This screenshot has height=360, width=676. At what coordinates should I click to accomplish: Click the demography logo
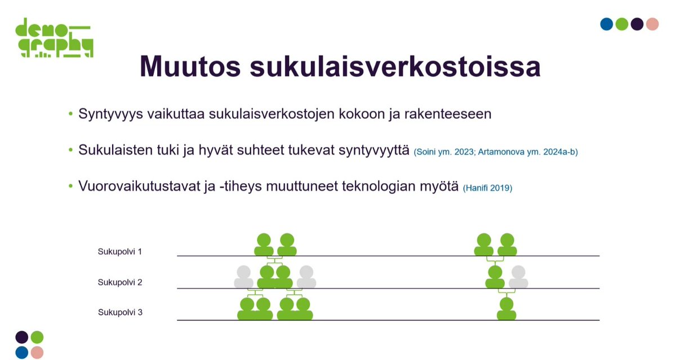coord(54,38)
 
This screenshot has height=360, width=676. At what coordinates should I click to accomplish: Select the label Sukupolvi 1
coord(119,251)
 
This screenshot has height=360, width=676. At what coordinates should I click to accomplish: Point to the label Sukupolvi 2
coord(119,282)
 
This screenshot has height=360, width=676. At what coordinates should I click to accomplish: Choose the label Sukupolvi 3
coord(119,312)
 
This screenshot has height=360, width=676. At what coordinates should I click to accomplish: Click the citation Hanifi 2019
coord(487,188)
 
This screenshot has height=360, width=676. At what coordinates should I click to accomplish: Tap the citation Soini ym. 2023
coord(442,152)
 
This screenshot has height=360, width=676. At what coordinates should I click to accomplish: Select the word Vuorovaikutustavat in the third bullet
coord(134,187)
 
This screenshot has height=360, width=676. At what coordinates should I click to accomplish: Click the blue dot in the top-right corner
coord(606,24)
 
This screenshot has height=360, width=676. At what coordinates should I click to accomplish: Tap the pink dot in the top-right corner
coord(652,24)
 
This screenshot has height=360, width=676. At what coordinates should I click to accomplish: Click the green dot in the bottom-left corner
coord(37,337)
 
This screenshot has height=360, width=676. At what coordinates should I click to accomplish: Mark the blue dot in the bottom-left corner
coord(22,353)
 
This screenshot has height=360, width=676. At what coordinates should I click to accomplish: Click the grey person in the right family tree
coord(518,277)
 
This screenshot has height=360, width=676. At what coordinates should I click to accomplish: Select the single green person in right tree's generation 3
coord(506,309)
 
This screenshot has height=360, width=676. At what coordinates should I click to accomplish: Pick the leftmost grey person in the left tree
coord(244,277)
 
